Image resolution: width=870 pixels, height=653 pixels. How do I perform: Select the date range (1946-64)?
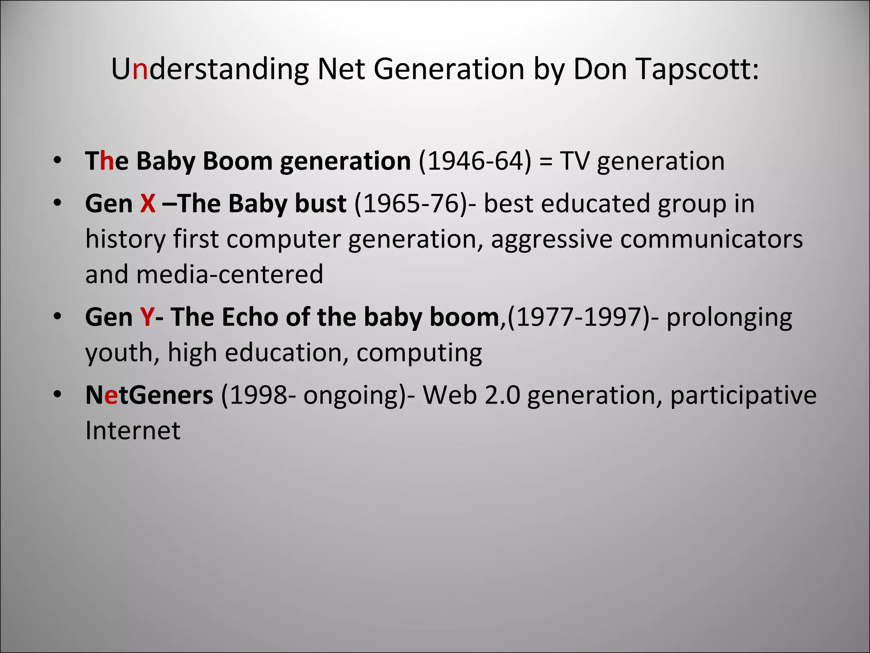(475, 162)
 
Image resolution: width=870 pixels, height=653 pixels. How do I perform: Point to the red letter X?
(147, 204)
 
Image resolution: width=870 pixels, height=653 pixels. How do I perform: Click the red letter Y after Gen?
(147, 317)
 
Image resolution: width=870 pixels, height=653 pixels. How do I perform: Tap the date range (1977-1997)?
(579, 317)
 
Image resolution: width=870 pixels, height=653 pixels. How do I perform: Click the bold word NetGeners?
(149, 395)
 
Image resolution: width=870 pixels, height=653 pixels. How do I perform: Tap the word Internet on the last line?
(133, 431)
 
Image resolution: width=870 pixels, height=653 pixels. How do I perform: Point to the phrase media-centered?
(230, 275)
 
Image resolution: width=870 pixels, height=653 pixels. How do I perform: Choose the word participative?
(743, 395)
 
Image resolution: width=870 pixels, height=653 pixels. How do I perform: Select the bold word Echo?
(249, 317)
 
